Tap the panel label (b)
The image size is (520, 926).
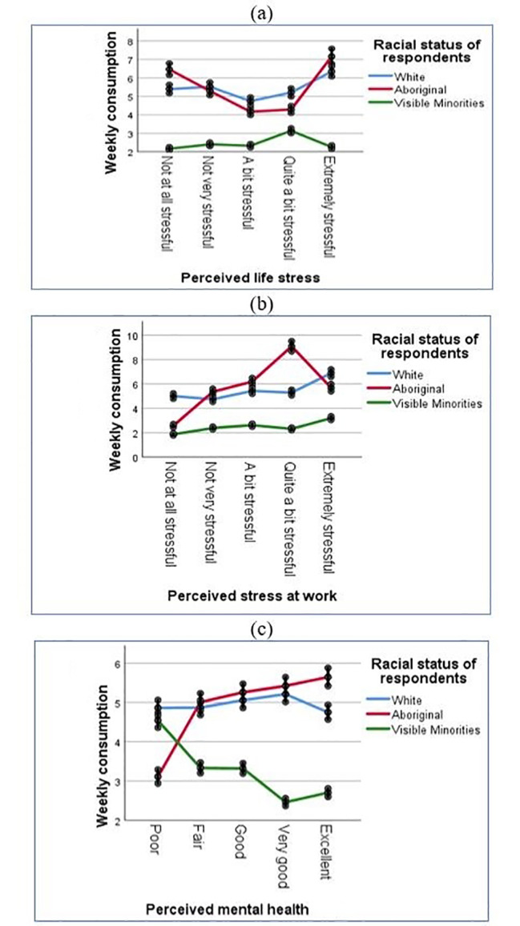(x=260, y=303)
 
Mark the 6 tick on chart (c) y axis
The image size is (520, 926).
(x=117, y=664)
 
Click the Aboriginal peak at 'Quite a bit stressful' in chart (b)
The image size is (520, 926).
(x=292, y=346)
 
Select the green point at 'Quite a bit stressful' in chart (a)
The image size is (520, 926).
(x=292, y=130)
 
